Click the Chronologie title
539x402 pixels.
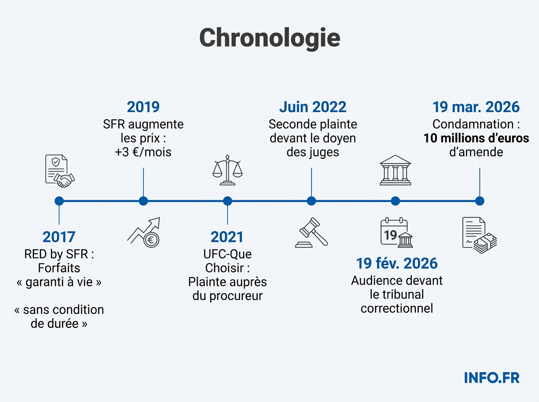point(269,38)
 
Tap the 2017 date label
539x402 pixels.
point(59,237)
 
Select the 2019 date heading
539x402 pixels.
point(143,107)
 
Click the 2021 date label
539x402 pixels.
point(227,237)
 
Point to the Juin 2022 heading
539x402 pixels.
point(313,107)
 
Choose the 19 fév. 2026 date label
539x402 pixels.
point(397,263)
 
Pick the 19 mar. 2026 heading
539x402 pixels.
point(476,107)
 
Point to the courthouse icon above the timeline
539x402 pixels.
point(395,170)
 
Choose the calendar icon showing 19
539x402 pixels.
point(396,232)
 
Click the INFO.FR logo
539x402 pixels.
point(491,378)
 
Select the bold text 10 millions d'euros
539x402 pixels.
point(476,138)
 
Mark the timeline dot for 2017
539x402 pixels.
point(59,201)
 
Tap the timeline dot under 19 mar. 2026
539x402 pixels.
point(480,201)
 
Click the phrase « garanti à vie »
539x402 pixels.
point(59,283)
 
